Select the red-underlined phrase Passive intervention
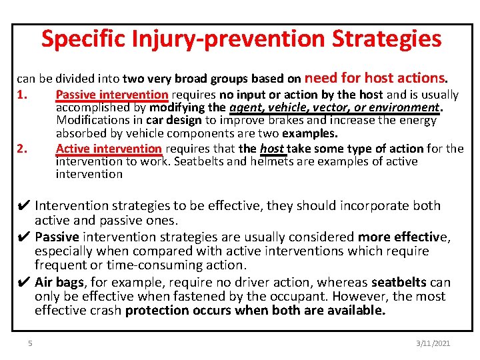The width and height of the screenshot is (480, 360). click(x=112, y=95)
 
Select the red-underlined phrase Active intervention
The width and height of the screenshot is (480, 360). click(x=109, y=148)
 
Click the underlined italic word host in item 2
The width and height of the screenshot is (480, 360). click(x=271, y=148)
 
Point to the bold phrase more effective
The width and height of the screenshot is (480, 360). click(x=403, y=237)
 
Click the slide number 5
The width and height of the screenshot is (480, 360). click(x=30, y=343)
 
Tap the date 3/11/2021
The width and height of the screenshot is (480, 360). click(x=433, y=343)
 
